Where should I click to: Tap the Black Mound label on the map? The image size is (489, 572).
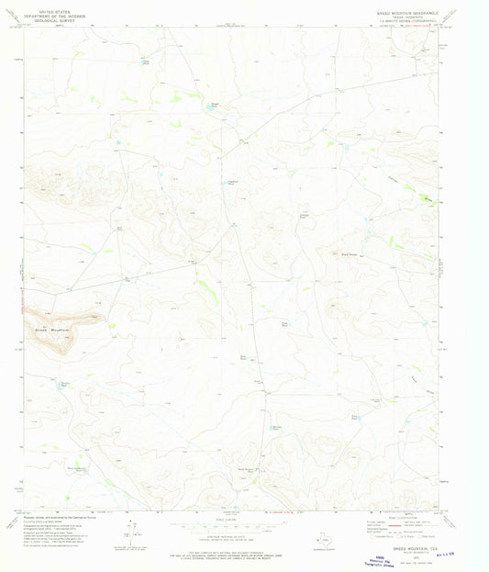click(349, 254)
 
